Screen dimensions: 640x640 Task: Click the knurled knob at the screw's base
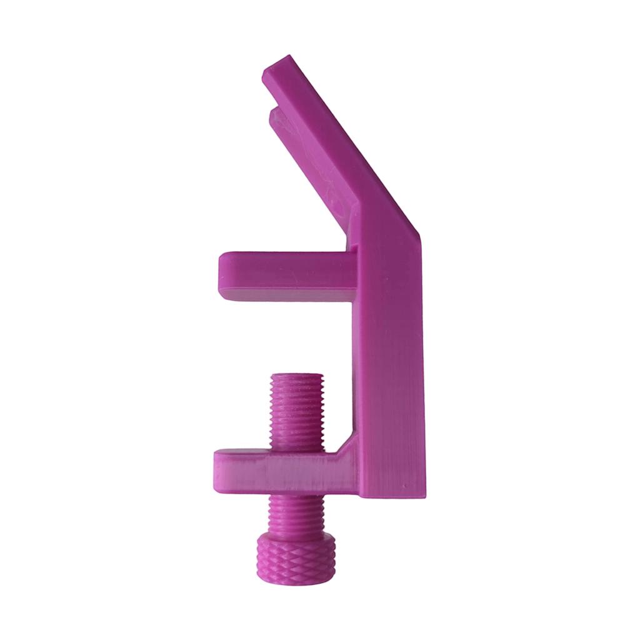point(296,558)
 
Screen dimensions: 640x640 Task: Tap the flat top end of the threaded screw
point(297,375)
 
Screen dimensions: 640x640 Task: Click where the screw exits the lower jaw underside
point(297,492)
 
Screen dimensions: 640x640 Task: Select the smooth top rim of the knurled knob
point(296,539)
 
